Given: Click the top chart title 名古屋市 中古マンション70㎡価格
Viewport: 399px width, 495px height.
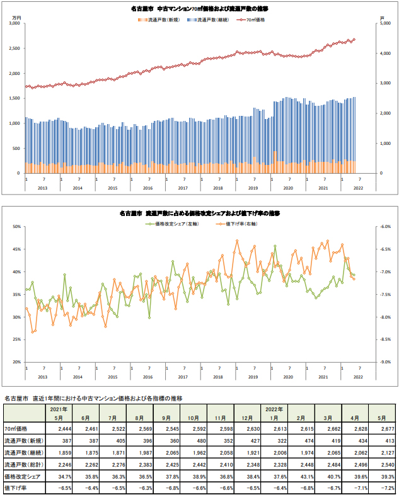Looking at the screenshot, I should coord(199,9).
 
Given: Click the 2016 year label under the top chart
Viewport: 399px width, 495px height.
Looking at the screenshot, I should coord(148,188).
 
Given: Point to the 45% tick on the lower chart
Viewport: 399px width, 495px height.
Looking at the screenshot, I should coord(15,249).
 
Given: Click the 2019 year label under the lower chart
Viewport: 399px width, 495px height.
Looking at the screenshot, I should coord(253,376).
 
